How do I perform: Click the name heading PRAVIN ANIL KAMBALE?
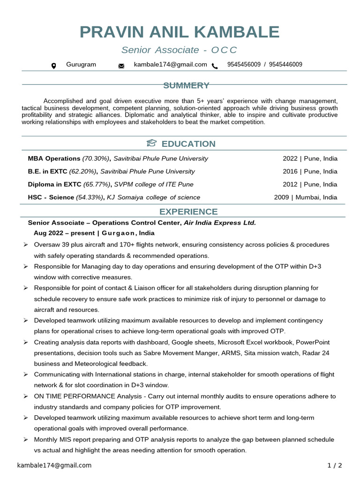click(x=180, y=32)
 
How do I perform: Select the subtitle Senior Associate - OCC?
click(x=180, y=50)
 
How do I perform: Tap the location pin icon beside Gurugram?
click(x=53, y=66)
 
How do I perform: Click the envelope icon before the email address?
click(x=121, y=66)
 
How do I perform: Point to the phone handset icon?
click(x=215, y=66)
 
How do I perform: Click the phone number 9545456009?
click(x=244, y=65)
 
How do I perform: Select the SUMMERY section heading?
click(x=186, y=85)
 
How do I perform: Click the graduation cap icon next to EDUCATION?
click(x=151, y=143)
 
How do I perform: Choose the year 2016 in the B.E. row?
click(x=290, y=172)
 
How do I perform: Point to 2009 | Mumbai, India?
click(x=305, y=197)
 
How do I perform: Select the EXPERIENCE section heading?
click(x=188, y=211)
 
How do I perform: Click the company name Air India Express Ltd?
click(x=220, y=223)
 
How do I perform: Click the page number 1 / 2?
click(x=335, y=465)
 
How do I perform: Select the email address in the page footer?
click(x=54, y=465)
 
